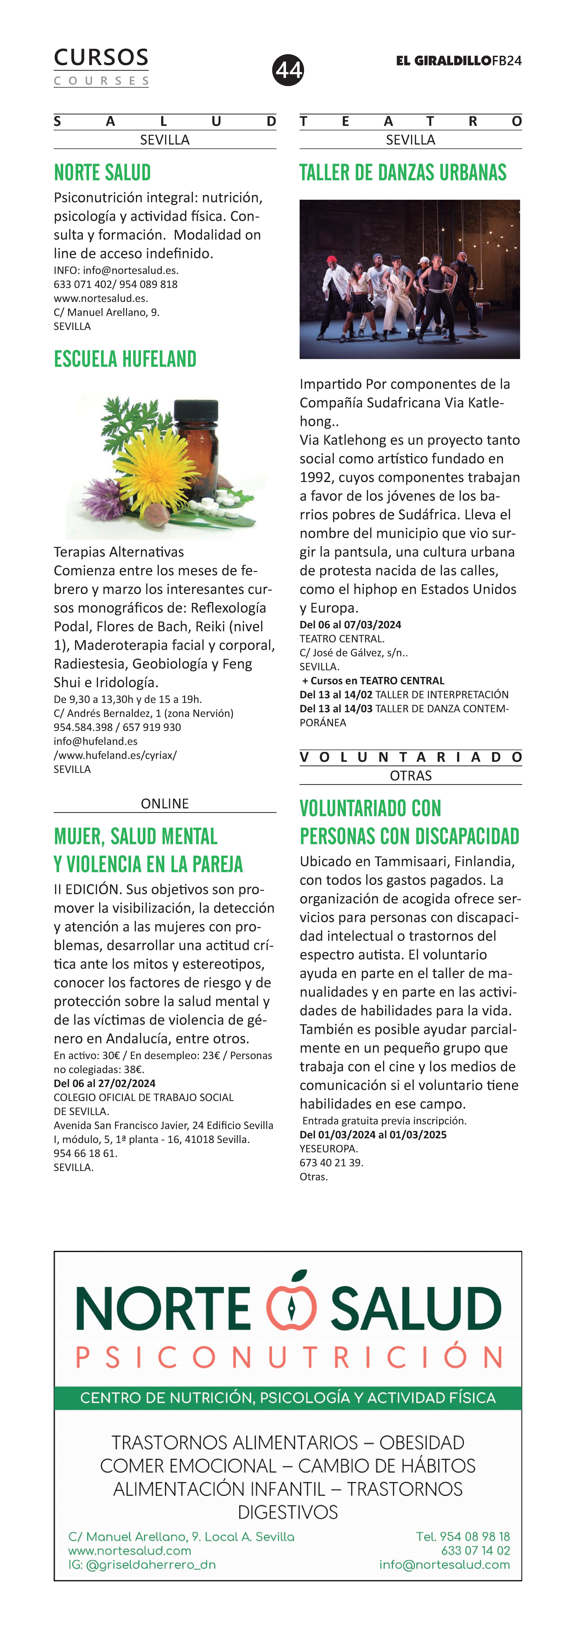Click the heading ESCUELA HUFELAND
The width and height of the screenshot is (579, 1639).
(x=125, y=359)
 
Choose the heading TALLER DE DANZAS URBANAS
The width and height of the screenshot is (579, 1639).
(x=403, y=172)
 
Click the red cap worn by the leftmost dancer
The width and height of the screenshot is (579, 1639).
(x=331, y=260)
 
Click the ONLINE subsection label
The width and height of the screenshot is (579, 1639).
(x=165, y=804)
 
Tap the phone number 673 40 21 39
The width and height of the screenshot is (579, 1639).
(x=331, y=1162)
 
